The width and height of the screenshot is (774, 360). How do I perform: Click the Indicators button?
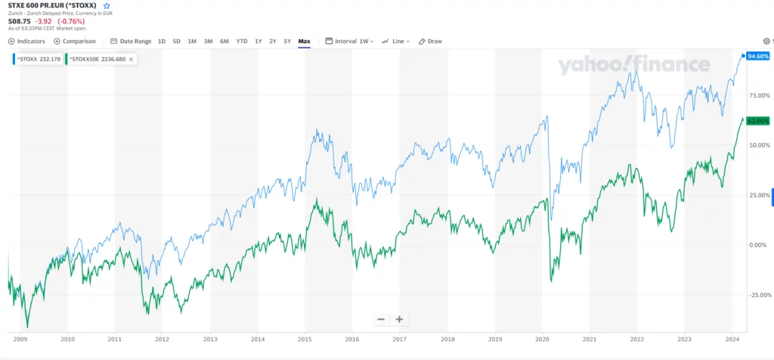(x=26, y=41)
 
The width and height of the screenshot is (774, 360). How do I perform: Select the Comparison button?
(x=75, y=41)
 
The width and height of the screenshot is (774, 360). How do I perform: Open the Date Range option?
(x=131, y=41)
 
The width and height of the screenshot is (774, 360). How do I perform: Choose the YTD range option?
(x=241, y=41)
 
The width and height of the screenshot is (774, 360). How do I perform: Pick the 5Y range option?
(x=287, y=41)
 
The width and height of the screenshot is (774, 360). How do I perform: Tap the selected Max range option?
(x=305, y=41)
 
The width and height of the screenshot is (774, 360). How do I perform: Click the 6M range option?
(x=224, y=41)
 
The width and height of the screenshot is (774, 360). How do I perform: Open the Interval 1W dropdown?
(x=350, y=41)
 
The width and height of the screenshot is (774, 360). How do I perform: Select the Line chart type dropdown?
(x=396, y=41)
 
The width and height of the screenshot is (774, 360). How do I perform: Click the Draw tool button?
(x=430, y=41)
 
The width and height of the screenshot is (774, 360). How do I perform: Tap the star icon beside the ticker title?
(x=107, y=5)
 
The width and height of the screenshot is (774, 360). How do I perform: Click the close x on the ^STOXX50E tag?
(x=131, y=59)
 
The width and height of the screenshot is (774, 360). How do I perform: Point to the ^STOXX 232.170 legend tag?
(x=38, y=59)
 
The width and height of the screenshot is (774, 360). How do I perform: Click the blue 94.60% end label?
(x=757, y=56)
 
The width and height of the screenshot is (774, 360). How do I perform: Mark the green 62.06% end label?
(x=757, y=120)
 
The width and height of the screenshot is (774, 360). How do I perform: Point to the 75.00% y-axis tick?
(x=757, y=95)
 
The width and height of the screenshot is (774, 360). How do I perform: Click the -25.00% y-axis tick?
(x=757, y=294)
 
